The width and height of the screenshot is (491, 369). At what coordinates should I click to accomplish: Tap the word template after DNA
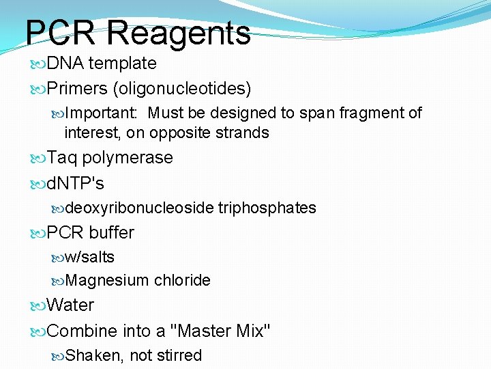tap(123, 64)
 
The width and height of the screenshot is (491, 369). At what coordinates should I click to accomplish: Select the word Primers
tap(78, 89)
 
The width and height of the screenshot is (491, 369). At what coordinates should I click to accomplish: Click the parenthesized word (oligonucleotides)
tap(183, 89)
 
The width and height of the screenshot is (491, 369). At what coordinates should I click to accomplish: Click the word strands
tap(243, 133)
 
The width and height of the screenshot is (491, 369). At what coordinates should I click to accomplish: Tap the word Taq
tap(63, 158)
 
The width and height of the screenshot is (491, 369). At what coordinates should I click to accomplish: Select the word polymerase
tap(128, 158)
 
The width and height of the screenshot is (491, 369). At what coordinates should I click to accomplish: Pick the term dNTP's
tap(76, 184)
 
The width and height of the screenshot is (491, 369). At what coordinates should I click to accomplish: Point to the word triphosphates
tap(267, 208)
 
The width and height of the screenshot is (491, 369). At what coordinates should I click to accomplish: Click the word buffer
tap(111, 233)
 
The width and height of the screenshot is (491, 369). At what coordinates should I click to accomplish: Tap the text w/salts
tap(90, 258)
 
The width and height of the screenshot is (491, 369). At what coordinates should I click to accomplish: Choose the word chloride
tap(182, 280)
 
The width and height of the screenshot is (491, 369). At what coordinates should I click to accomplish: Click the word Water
tap(71, 305)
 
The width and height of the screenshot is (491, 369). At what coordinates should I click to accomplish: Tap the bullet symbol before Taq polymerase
tap(39, 159)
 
